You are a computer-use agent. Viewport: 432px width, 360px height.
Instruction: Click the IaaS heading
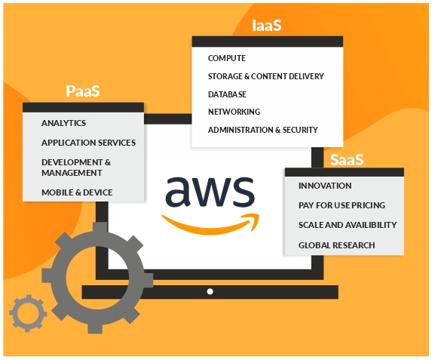pyautogui.click(x=267, y=26)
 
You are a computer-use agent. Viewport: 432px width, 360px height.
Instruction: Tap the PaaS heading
pyautogui.click(x=83, y=91)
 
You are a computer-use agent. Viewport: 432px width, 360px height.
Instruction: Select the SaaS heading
pyautogui.click(x=347, y=159)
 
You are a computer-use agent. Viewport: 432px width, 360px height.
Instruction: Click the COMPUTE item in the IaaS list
pyautogui.click(x=227, y=58)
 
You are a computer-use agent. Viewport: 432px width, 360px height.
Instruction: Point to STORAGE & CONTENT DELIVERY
pyautogui.click(x=266, y=76)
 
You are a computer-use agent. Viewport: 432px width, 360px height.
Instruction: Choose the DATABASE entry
pyautogui.click(x=227, y=94)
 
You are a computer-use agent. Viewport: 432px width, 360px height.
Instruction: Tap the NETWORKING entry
pyautogui.click(x=234, y=112)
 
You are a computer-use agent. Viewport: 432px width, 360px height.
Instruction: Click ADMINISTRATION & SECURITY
pyautogui.click(x=263, y=130)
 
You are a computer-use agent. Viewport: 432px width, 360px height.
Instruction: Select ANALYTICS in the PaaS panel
pyautogui.click(x=63, y=123)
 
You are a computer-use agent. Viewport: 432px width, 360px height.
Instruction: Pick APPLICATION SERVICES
pyautogui.click(x=88, y=143)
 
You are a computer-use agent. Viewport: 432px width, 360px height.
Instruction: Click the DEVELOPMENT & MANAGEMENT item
pyautogui.click(x=76, y=168)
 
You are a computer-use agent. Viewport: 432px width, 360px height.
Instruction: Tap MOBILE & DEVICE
pyautogui.click(x=77, y=192)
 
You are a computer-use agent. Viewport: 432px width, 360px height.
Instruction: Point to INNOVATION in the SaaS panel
pyautogui.click(x=325, y=186)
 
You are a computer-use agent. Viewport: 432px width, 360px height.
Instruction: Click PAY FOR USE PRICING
pyautogui.click(x=342, y=205)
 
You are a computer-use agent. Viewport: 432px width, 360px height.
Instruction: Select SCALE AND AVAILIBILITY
pyautogui.click(x=348, y=225)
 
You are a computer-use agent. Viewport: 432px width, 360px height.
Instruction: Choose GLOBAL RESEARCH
pyautogui.click(x=337, y=245)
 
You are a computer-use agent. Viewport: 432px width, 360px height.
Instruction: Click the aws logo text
pyautogui.click(x=210, y=192)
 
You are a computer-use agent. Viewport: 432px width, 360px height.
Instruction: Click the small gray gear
pyautogui.click(x=28, y=313)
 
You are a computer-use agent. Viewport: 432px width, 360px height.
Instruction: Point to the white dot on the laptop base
pyautogui.click(x=210, y=291)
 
